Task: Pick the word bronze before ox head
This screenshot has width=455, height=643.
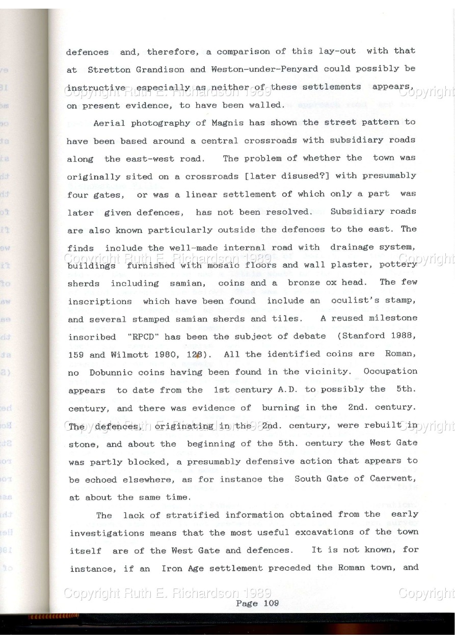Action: click(306, 283)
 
